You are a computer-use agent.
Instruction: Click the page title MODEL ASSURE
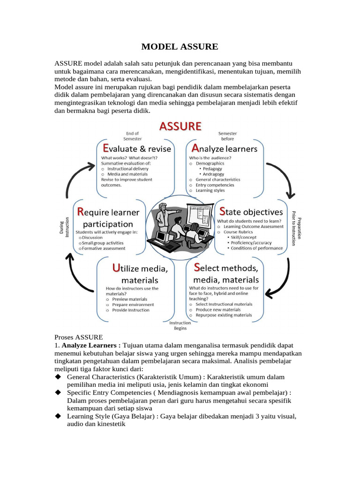point(180,46)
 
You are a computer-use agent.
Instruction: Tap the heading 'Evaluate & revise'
point(136,149)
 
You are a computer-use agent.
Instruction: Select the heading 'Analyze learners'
point(223,149)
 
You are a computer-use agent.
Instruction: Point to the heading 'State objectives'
point(251,212)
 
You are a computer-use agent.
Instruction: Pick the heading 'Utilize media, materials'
point(140,274)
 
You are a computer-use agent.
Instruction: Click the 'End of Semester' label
point(132,135)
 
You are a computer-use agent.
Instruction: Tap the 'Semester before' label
point(227,135)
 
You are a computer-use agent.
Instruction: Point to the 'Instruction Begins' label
point(180,325)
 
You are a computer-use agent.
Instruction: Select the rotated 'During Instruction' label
point(64,227)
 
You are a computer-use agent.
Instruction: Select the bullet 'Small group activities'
point(103,243)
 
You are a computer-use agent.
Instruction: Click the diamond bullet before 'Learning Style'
point(58,416)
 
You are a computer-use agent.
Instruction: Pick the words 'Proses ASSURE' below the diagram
point(78,337)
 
